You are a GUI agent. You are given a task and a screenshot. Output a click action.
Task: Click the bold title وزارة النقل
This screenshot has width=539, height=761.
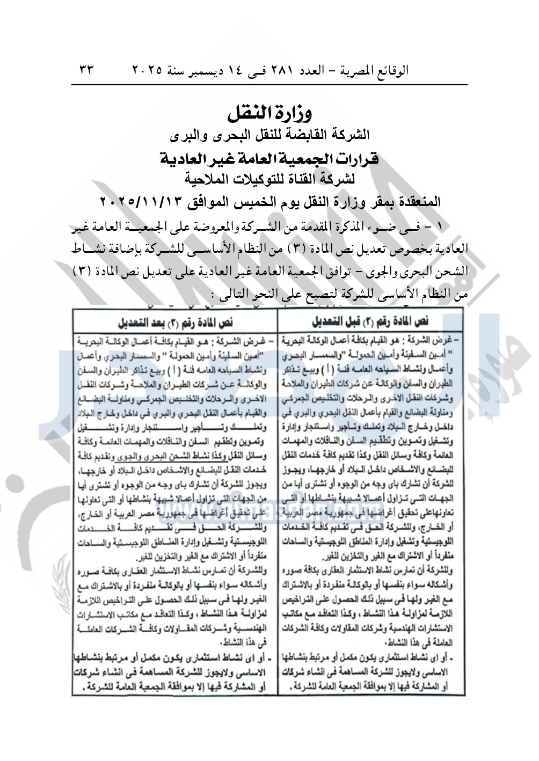click(269, 113)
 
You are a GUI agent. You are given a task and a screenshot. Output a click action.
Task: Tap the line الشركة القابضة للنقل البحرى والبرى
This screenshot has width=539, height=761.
click(269, 136)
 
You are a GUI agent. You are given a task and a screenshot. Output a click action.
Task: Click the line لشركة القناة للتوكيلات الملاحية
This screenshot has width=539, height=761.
click(269, 179)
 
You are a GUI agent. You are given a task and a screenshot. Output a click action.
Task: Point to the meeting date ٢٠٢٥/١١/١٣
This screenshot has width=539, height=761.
click(136, 202)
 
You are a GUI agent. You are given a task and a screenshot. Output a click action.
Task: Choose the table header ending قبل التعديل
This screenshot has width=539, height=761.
click(370, 321)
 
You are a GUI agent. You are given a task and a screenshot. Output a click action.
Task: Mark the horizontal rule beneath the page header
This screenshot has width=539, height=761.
click(269, 85)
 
